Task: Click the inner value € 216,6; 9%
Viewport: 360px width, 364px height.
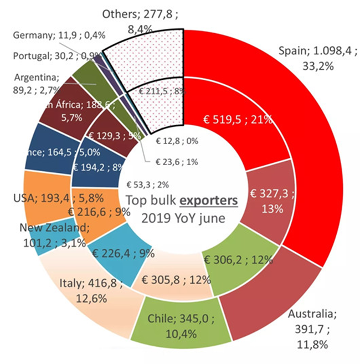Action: (99, 211)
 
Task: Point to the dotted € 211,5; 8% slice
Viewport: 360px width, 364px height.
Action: (161, 91)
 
